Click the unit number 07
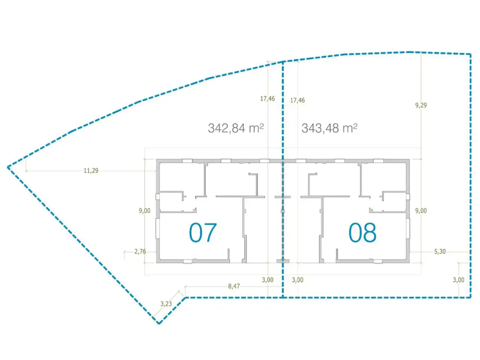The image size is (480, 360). [x=203, y=233]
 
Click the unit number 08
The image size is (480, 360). [x=362, y=233]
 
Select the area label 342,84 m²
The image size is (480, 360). [x=236, y=128]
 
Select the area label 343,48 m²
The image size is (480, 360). [x=329, y=128]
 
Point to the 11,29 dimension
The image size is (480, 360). [x=91, y=170]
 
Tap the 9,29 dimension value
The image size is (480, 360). [x=421, y=105]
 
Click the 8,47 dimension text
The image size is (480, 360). [x=234, y=286]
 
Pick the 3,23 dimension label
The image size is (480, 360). [x=166, y=304]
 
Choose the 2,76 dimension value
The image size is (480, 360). [x=140, y=252]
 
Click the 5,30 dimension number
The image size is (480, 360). [x=440, y=252]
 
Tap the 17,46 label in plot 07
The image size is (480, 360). [x=267, y=99]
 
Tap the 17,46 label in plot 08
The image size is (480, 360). [x=297, y=100]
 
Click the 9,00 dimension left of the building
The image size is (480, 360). [x=145, y=211]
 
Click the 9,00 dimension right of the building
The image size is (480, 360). [x=421, y=211]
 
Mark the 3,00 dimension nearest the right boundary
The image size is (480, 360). [x=458, y=280]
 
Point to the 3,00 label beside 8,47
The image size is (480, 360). [x=268, y=280]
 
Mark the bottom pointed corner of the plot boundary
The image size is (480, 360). [x=159, y=323]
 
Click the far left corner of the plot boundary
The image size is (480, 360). [x=8, y=167]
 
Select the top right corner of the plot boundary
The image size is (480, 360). [x=470, y=54]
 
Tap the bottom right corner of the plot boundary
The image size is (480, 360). [x=470, y=297]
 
